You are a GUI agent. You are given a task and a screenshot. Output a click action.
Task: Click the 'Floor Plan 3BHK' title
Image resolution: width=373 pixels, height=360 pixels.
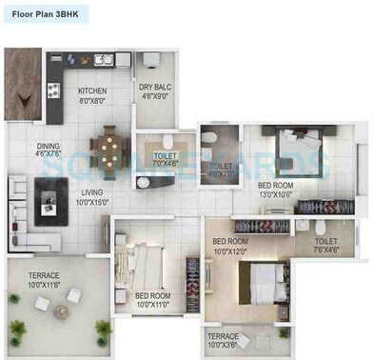click(46, 16)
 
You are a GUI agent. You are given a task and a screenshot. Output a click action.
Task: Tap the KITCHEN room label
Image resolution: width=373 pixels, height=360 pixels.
click(93, 91)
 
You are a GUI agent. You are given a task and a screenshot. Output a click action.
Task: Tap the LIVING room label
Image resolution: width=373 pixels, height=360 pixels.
click(92, 190)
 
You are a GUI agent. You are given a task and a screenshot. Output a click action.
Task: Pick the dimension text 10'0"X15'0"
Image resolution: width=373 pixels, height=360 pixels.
click(92, 200)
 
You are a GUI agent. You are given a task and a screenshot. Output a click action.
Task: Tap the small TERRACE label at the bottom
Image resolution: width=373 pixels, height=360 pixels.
click(224, 336)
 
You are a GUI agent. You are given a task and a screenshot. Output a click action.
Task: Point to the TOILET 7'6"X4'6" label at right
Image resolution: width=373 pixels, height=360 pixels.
click(326, 246)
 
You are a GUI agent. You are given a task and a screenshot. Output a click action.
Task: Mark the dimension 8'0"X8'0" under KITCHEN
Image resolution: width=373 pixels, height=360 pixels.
click(93, 101)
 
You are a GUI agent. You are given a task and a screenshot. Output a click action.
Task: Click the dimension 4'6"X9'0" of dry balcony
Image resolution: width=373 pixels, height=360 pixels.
click(154, 95)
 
